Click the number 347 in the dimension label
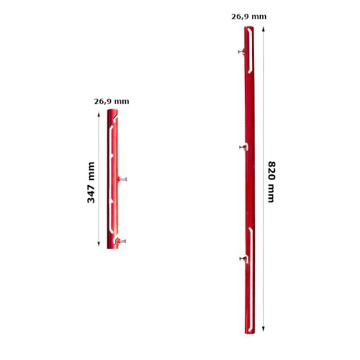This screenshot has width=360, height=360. (91, 193)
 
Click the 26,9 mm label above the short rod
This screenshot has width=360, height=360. (112, 102)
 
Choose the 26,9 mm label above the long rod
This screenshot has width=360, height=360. (249, 17)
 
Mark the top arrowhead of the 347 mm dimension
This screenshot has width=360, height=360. (99, 114)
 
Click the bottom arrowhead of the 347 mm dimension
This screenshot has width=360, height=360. (99, 245)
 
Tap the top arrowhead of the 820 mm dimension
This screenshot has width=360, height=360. (264, 30)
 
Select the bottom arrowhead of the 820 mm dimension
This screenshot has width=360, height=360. (264, 329)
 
